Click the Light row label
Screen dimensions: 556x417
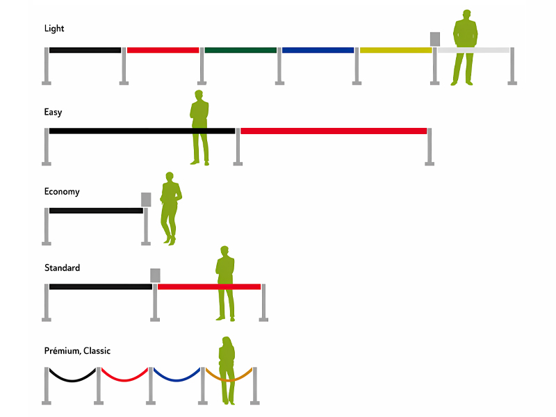pos(54,28)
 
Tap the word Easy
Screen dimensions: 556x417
pos(54,113)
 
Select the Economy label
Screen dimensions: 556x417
pos(62,192)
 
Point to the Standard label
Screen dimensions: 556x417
pos(62,268)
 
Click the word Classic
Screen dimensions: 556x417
pos(97,351)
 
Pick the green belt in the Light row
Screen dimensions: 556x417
pos(240,50)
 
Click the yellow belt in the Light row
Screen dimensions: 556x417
pos(395,50)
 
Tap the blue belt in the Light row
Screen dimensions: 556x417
pos(318,50)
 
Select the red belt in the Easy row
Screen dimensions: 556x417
pos(334,131)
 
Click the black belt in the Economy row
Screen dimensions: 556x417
pos(96,211)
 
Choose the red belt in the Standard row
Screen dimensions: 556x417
pos(209,287)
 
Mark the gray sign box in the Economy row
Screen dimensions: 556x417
pos(146,199)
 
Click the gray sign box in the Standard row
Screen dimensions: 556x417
pos(155,275)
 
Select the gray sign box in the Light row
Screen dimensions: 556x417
pos(435,39)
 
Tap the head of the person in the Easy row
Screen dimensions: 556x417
pos(199,95)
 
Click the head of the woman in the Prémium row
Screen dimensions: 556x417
pos(227,342)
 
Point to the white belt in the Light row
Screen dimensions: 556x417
pos(473,50)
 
